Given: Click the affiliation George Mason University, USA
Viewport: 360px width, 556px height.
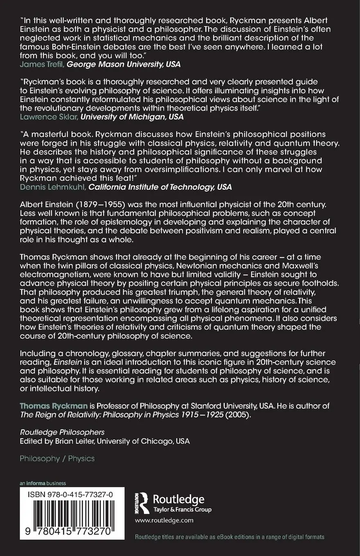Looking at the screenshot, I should pos(123,64).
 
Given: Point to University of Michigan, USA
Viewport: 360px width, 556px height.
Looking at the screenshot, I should pos(132,117).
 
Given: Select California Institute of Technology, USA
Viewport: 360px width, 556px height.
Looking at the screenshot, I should pos(160,187).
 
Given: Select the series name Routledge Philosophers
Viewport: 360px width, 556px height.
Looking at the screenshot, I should pos(62,432).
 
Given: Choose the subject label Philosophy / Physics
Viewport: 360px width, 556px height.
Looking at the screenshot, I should pos(57,458).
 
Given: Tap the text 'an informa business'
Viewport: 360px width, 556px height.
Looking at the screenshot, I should pos(43,483).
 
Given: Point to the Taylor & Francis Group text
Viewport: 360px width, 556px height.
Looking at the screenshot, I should pos(182,510).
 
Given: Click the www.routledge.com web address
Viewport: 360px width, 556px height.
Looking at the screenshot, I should pos(164,520).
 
